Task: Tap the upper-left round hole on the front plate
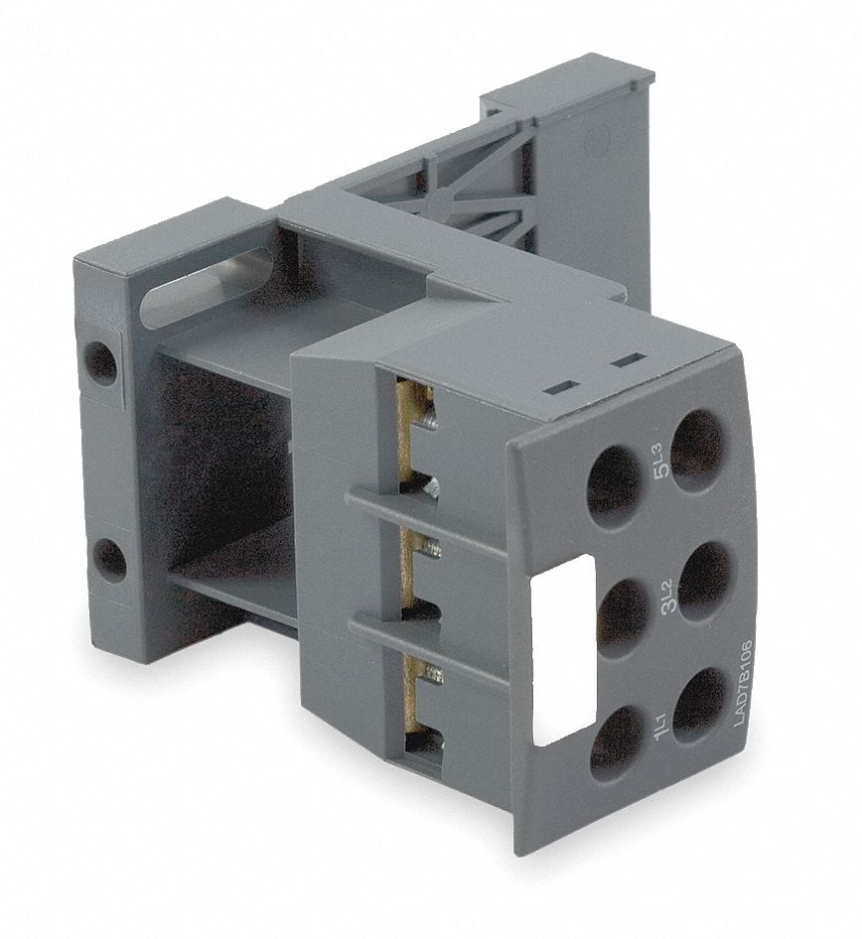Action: pos(614,481)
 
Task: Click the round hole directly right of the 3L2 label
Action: pos(706,579)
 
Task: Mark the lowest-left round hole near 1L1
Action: pos(615,742)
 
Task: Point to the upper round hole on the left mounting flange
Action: pos(100,363)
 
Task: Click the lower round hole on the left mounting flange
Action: pos(110,560)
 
